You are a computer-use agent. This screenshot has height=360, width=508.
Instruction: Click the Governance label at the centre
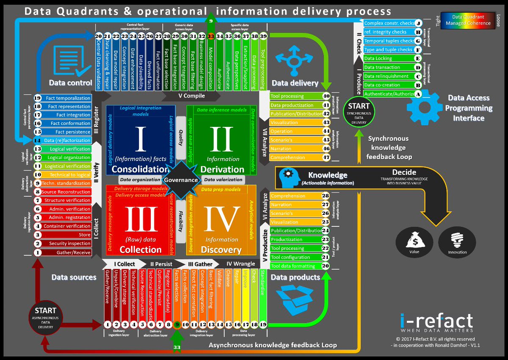[x=181, y=180]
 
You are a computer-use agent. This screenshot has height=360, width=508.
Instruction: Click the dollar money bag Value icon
[x=414, y=244]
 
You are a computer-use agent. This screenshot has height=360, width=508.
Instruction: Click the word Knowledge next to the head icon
[x=327, y=175]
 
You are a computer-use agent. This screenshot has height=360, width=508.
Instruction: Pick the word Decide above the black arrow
[x=404, y=173]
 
